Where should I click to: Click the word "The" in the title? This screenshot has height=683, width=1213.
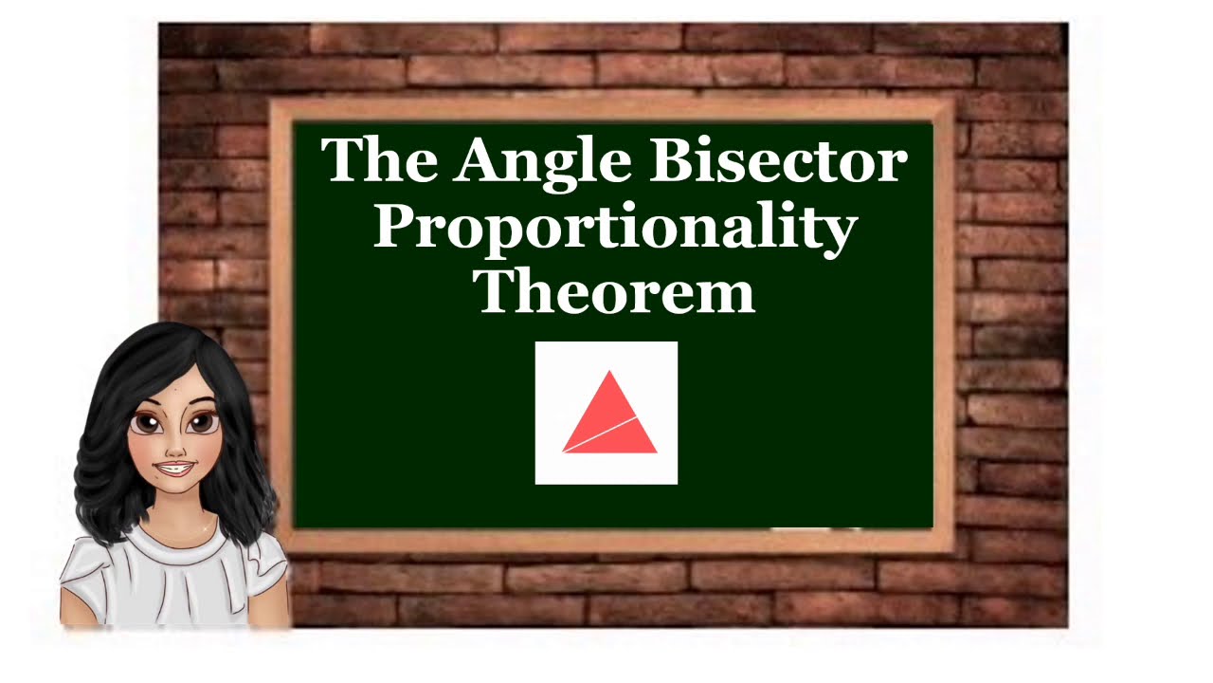pyautogui.click(x=379, y=161)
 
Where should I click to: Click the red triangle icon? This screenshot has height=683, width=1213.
pyautogui.click(x=609, y=417)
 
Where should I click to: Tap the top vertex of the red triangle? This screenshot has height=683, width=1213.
pyautogui.click(x=610, y=372)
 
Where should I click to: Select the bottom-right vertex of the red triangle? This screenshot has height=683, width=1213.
pyautogui.click(x=656, y=452)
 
